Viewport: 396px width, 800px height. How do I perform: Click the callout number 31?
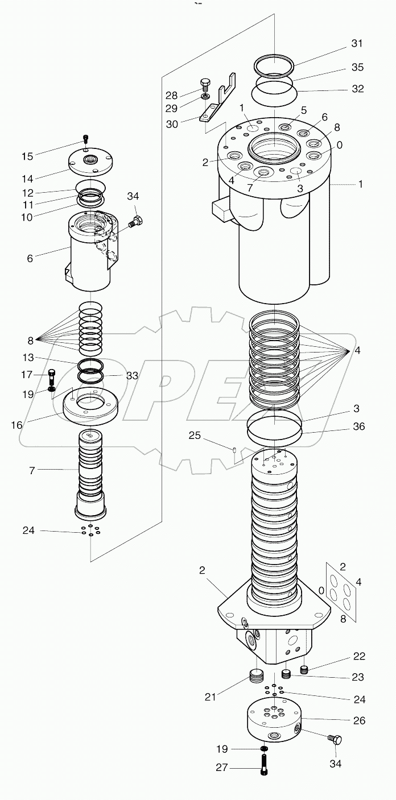(357, 44)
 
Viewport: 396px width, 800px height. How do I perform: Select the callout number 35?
(357, 67)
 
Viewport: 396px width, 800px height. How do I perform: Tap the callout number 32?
(357, 89)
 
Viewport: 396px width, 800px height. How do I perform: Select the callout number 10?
(26, 216)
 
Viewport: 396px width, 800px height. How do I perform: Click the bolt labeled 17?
(52, 375)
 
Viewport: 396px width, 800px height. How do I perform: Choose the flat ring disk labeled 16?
(90, 407)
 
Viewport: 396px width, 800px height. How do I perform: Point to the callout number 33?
(132, 375)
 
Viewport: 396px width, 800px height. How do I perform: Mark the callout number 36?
(358, 426)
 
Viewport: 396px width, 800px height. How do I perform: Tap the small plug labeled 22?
(304, 669)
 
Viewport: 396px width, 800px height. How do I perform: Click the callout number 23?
(358, 677)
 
